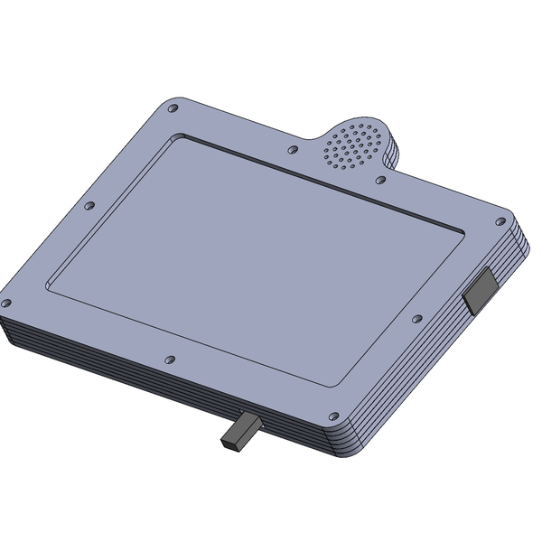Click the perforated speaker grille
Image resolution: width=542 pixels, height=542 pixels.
click(x=353, y=145)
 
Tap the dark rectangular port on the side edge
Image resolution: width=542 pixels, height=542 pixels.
click(x=480, y=290)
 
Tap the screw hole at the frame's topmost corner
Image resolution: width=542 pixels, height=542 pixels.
click(x=173, y=107)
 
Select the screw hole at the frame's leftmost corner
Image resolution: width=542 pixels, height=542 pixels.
click(x=6, y=303)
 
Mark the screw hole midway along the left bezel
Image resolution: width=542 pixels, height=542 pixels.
click(x=89, y=206)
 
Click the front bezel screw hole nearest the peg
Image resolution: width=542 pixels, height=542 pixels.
click(x=170, y=360)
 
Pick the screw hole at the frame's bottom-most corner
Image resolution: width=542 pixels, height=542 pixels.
click(x=335, y=417)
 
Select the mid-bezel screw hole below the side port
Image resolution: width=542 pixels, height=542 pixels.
click(x=416, y=319)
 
